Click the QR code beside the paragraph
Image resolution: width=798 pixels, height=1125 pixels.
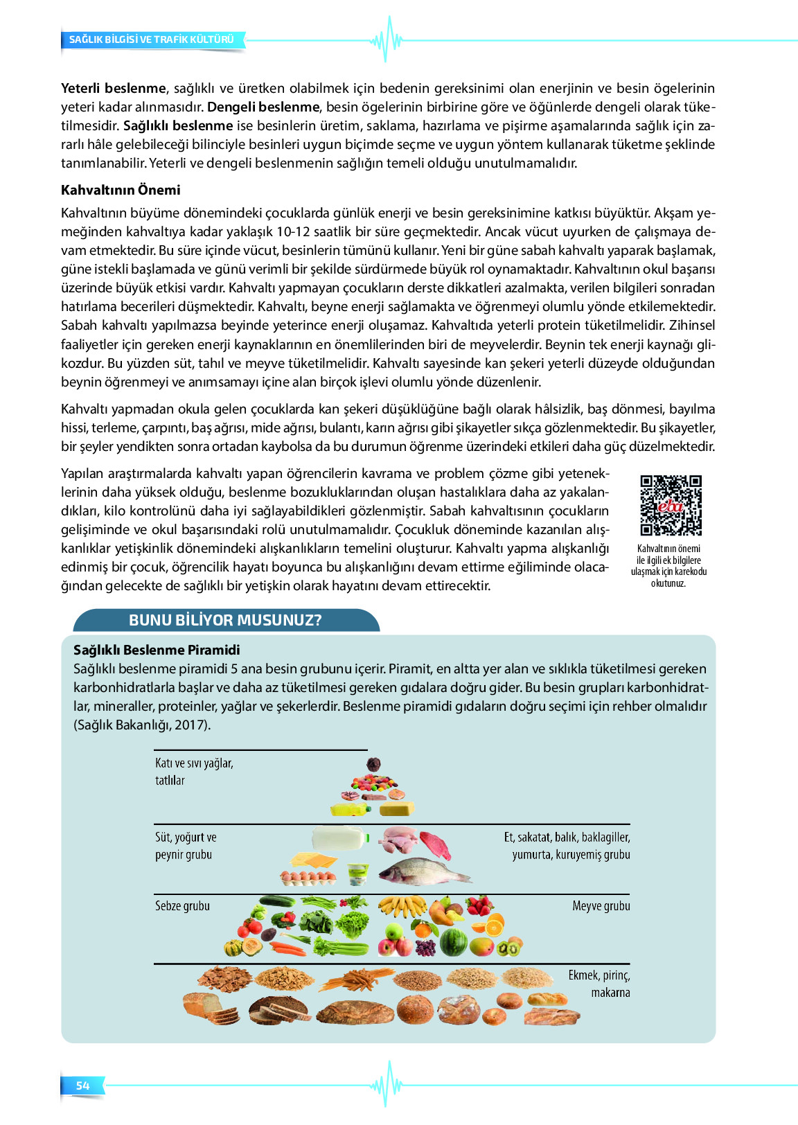point(670,505)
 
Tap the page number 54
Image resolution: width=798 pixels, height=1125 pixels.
point(83,1086)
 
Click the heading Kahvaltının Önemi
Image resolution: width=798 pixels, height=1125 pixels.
point(121,190)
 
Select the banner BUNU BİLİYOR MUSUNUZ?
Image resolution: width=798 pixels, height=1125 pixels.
point(226,620)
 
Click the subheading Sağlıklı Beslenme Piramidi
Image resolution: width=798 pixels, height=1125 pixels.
point(157,650)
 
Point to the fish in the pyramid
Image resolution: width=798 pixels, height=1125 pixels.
point(423,870)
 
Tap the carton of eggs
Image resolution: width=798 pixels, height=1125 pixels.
point(309,878)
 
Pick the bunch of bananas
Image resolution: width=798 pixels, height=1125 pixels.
point(402,906)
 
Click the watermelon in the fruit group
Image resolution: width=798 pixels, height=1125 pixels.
point(454,941)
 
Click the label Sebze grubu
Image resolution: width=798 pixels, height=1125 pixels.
point(182,906)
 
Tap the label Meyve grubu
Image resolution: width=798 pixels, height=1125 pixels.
point(601,906)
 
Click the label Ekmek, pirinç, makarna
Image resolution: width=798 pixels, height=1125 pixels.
point(599,984)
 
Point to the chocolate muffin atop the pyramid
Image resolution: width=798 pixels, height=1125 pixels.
point(373,765)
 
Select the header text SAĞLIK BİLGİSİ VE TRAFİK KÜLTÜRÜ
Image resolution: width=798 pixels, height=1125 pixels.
point(152,39)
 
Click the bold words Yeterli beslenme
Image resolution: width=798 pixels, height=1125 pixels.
point(114,89)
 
